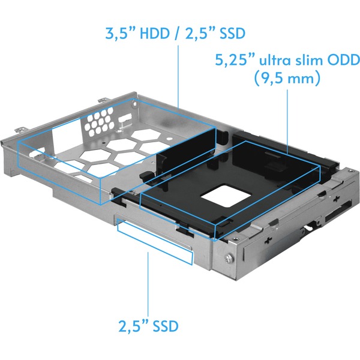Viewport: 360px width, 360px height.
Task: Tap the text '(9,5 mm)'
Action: [x=287, y=79]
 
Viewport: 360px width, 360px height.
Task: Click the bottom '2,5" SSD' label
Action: [x=148, y=326]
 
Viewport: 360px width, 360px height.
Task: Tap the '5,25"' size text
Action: [x=235, y=61]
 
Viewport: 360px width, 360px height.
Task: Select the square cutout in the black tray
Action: [x=226, y=196]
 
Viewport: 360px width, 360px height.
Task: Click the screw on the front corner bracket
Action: [x=229, y=259]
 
